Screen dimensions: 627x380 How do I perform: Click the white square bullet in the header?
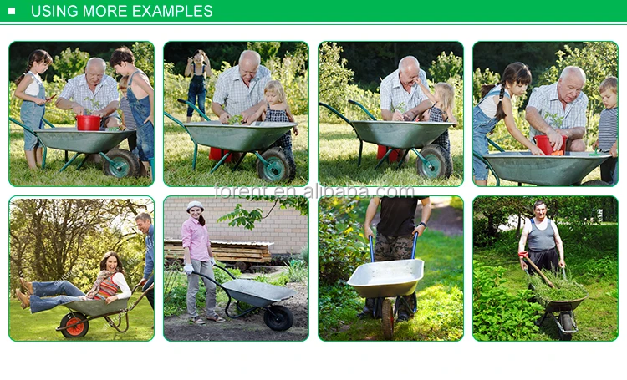12,11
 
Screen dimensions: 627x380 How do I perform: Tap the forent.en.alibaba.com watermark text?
314,191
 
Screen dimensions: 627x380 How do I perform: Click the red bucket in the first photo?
89,123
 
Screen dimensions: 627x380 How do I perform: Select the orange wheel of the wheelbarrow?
74,324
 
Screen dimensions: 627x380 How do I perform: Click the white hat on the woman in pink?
195,205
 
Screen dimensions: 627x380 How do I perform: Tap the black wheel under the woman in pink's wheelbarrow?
278,318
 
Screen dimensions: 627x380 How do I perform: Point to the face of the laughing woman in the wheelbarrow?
113,264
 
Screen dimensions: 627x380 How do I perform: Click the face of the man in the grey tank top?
540,210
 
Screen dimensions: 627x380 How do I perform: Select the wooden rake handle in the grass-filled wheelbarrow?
537,269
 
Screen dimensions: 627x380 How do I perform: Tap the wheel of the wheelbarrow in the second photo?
276,164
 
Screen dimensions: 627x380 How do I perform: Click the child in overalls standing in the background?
197,85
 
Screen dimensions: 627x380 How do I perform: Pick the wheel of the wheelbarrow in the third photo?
433,161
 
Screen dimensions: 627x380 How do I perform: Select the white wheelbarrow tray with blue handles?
386,277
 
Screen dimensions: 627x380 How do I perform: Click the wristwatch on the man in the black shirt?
423,225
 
